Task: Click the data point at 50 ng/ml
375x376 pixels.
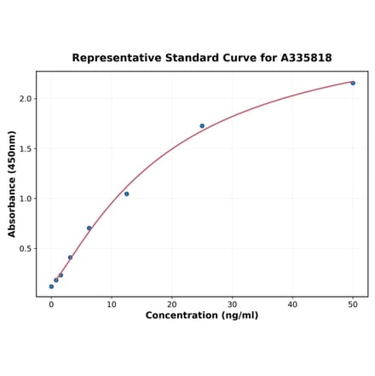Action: point(353,83)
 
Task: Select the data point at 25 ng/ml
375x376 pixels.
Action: point(202,126)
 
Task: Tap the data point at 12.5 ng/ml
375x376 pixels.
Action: point(126,194)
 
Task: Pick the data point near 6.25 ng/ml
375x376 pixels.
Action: point(89,228)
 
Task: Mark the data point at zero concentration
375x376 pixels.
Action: point(51,286)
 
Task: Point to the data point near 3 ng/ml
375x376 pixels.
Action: point(70,257)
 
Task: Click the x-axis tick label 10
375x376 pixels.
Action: point(112,304)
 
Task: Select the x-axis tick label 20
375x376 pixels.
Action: point(172,304)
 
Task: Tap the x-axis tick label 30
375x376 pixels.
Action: point(232,304)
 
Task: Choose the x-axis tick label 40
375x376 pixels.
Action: point(292,304)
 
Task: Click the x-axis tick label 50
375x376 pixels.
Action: point(353,304)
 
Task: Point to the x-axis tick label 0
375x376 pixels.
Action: point(51,304)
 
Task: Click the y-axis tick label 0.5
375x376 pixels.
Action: point(25,249)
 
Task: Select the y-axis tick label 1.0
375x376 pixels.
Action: point(25,199)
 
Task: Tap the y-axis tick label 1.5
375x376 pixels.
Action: point(25,149)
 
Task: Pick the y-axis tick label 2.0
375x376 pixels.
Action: point(25,99)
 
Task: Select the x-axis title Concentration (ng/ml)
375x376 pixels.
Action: point(202,316)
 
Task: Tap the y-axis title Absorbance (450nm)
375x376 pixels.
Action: point(12,183)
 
